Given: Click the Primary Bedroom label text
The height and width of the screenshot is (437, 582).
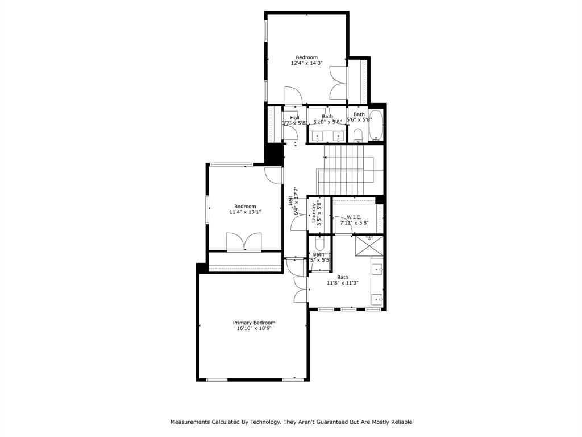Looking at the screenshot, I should point(253,323).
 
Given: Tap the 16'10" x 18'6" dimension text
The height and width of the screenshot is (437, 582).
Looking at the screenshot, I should point(253,328).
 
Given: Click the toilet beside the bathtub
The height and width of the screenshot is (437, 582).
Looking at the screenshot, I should point(357,135).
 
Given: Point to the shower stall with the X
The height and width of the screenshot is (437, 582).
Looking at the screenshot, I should point(369,246).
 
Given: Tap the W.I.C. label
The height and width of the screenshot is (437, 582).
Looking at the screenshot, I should point(355,217).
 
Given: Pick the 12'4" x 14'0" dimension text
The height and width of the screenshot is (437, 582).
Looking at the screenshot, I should point(306,63).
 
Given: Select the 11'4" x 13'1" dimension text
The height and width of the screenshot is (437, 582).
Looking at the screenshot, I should point(245,212).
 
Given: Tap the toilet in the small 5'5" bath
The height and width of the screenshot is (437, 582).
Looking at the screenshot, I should point(319,244).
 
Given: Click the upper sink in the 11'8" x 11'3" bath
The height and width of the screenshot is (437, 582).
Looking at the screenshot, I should point(377,268).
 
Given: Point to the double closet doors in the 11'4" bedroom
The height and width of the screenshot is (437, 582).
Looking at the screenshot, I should point(244,242).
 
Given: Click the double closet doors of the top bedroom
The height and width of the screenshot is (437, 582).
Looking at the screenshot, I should point(338,84).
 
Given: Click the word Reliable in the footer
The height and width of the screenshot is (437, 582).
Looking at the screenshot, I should point(401,422).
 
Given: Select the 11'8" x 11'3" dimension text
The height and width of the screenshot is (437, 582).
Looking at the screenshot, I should point(342,283).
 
